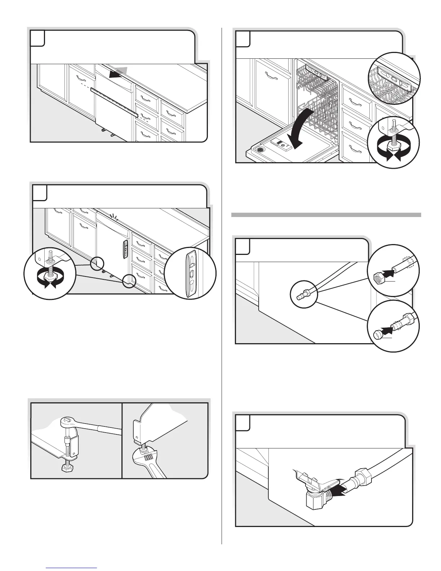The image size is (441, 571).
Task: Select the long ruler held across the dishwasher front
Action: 115,102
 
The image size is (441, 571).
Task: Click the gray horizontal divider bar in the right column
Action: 326,215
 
